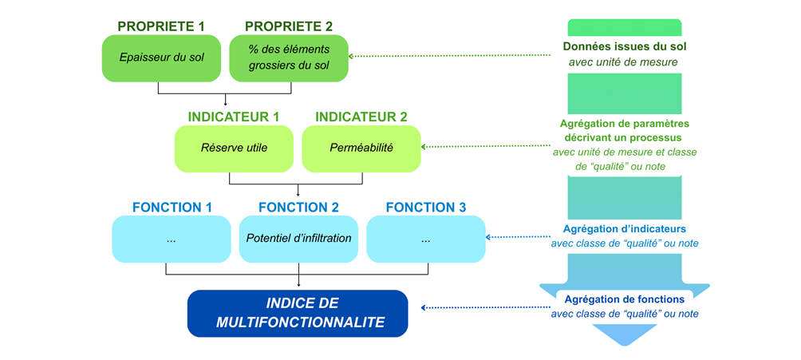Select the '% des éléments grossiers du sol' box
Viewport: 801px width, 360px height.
click(x=289, y=57)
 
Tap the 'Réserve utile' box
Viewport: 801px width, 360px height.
click(x=234, y=148)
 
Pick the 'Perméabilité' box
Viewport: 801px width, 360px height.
click(x=361, y=148)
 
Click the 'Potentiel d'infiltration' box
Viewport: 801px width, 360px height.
click(x=298, y=239)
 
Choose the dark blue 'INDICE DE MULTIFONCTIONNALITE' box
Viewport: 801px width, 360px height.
click(x=298, y=313)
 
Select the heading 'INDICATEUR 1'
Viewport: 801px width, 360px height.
click(x=234, y=117)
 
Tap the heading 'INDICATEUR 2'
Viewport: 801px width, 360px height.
click(x=361, y=117)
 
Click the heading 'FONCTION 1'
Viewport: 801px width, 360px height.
click(x=172, y=208)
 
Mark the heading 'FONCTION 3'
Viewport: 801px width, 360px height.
click(x=425, y=208)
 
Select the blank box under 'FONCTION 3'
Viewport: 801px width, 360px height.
click(x=425, y=239)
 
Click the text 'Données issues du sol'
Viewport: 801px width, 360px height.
click(x=625, y=46)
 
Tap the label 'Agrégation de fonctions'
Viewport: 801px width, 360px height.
click(x=625, y=299)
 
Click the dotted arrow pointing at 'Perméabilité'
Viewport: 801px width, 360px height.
click(x=487, y=147)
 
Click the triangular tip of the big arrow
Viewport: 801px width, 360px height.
click(x=625, y=334)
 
